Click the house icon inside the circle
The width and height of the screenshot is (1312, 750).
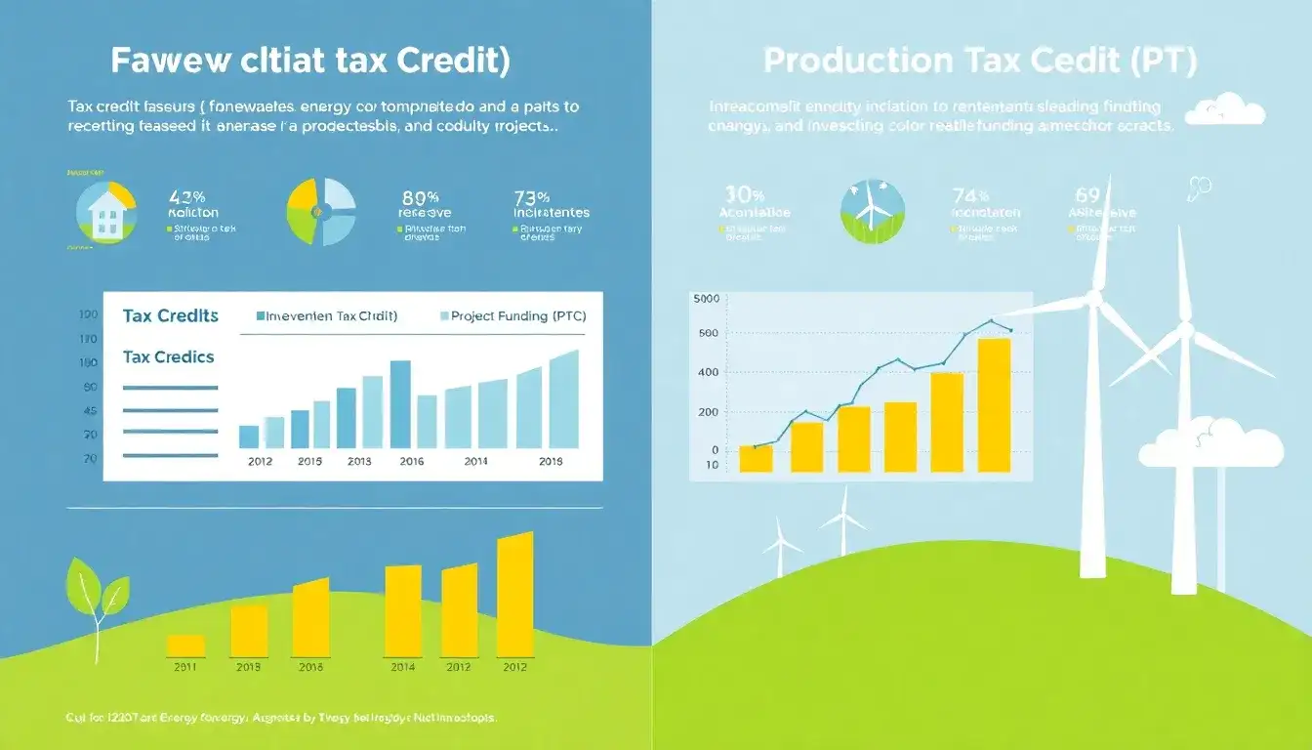(x=105, y=213)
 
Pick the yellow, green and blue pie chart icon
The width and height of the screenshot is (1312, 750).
(x=320, y=211)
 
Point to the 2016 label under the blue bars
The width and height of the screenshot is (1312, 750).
(x=412, y=462)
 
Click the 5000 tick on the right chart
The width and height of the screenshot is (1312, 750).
(x=704, y=299)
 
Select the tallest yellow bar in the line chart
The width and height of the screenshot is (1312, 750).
(x=994, y=405)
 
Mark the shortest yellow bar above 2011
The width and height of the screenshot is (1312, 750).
(x=186, y=646)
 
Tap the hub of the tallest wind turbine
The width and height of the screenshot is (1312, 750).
(x=1093, y=298)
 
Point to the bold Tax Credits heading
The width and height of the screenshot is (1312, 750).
(x=171, y=316)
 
